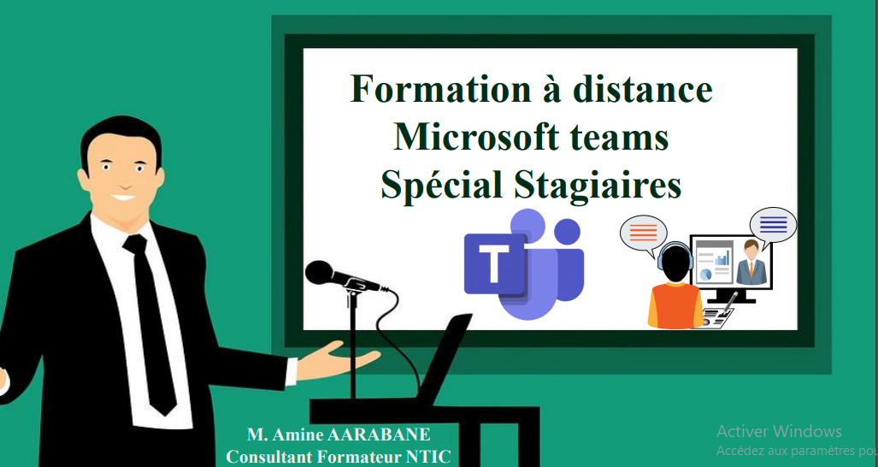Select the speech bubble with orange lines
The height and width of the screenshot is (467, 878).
[644, 233]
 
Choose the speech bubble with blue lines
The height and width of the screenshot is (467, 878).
[773, 226]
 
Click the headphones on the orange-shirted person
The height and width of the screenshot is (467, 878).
[675, 256]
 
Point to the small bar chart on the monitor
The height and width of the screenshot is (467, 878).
[723, 258]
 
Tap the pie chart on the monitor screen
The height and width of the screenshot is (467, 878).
[705, 275]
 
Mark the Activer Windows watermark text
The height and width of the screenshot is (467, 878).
[779, 431]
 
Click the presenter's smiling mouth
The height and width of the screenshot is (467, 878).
[123, 198]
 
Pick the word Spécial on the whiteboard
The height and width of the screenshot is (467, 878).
[444, 186]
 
